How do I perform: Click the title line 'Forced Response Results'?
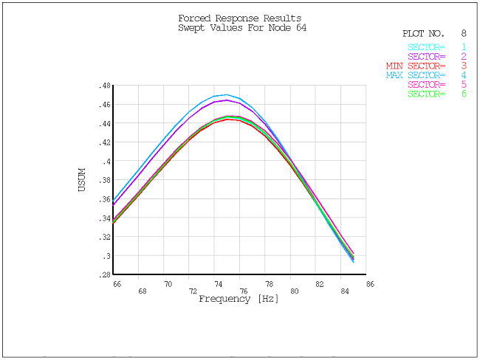(239, 18)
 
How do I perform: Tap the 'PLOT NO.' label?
(423, 34)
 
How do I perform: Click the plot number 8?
(464, 34)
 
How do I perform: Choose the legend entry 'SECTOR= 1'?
(436, 48)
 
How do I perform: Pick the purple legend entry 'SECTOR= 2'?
(436, 57)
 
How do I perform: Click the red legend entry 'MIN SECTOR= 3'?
(426, 66)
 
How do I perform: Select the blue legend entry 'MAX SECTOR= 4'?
(426, 75)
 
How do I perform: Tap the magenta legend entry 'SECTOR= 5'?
(436, 85)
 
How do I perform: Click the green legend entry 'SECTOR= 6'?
(436, 94)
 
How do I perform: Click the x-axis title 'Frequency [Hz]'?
(239, 300)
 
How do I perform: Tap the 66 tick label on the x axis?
(117, 283)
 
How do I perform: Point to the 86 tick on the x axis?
(370, 283)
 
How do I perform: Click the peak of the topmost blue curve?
(225, 94)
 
